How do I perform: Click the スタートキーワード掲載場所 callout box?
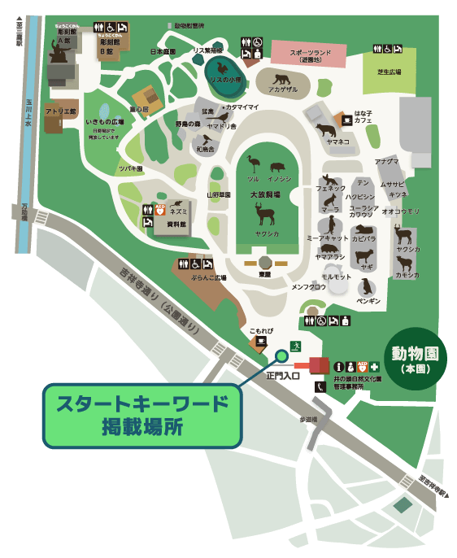pos(142,415)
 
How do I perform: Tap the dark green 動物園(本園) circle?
pos(417,360)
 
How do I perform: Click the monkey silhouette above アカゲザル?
pos(282,79)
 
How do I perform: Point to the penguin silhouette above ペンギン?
pos(368,287)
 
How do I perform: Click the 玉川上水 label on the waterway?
pos(29,111)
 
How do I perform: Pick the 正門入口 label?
pos(284,376)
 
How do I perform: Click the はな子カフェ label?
pos(363,116)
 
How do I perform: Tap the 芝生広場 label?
pos(390,72)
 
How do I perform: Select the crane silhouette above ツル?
pos(254,165)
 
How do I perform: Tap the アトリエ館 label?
pos(60,111)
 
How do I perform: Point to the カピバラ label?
pos(363,239)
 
